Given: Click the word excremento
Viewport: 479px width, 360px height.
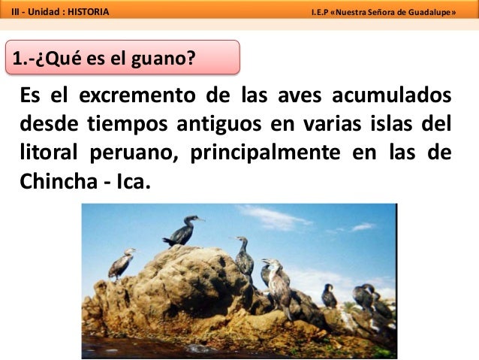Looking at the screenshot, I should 132,98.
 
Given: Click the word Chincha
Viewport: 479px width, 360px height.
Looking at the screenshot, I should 56,178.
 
